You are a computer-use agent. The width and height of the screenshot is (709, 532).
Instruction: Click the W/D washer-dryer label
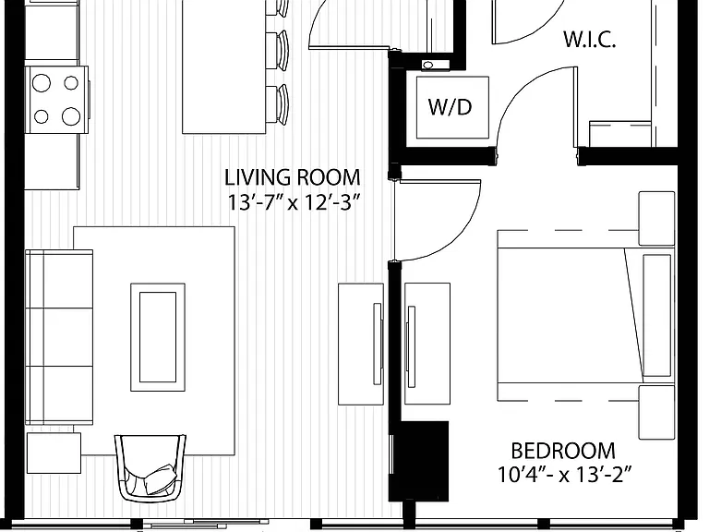coord(450,107)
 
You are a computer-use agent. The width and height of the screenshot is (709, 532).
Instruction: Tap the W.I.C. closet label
coord(590,40)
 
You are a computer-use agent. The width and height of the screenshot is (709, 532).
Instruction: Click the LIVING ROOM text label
coord(293,177)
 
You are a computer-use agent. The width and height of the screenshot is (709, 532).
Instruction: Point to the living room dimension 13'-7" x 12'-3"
coord(294,201)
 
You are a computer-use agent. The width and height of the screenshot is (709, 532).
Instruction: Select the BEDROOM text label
coord(563,451)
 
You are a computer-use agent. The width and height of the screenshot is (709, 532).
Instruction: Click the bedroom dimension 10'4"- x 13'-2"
coord(564,475)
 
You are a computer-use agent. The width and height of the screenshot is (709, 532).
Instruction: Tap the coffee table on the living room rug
coord(158,337)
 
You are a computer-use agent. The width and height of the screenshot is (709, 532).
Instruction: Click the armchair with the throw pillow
coord(150,467)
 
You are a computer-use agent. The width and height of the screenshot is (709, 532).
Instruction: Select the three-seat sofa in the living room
coord(59,337)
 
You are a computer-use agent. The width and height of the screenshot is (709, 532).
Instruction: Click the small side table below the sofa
coord(54,453)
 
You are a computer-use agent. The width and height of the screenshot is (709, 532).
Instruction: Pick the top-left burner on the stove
coord(42,83)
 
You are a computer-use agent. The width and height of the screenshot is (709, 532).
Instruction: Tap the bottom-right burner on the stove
coord(71,116)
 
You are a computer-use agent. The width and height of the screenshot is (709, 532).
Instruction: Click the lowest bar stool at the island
coord(277,104)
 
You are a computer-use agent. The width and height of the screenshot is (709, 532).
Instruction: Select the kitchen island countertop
coord(223,66)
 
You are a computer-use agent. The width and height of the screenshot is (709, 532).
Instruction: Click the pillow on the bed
coord(656,315)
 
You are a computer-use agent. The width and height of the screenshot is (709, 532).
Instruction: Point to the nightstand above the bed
coord(656,219)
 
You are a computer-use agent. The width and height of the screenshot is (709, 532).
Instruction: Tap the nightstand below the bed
coord(656,412)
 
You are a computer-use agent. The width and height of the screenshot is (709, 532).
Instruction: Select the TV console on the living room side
coord(361,344)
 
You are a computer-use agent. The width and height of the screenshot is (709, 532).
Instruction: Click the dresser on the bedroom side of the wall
coord(427,344)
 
